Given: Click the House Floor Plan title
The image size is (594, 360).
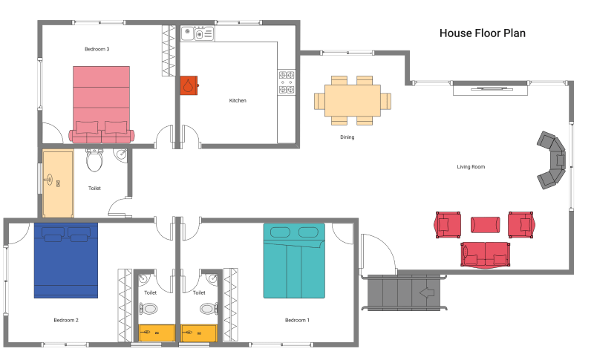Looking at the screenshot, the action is pos(482,33).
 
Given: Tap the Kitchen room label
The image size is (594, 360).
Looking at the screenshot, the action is pos(238,101).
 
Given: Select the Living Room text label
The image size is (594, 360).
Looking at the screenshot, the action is pos(471,167).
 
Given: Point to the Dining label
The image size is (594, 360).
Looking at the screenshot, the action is pos(347,137).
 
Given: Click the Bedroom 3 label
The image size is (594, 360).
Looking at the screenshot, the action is pos(97,49).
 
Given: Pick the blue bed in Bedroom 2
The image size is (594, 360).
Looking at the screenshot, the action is pos(66,261).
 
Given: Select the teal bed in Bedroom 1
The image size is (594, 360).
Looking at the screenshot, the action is pos(294,261).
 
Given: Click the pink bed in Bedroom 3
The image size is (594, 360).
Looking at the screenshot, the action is pos(102,105).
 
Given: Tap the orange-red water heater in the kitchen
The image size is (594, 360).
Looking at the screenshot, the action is pos(189,85).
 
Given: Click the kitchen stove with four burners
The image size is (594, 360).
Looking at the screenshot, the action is pos(287,82).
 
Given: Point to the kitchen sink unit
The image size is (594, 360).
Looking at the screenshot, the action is pos(198,33).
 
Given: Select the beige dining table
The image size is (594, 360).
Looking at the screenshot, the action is pos(353,100).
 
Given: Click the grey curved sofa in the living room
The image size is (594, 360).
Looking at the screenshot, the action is pos(552,160).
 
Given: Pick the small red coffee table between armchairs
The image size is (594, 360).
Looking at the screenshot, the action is pos(486,225).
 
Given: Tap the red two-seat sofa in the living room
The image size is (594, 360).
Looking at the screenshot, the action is pos(486,255).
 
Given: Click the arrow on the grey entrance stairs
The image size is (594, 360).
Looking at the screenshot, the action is pos(427,292).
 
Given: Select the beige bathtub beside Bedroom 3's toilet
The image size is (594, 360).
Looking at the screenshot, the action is pos(58,184).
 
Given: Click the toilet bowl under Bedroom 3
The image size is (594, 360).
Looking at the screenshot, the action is pos(94,160).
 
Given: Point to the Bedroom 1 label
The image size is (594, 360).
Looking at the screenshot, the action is pos(297,320).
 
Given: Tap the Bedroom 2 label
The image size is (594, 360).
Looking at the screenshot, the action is pos(66,320).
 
